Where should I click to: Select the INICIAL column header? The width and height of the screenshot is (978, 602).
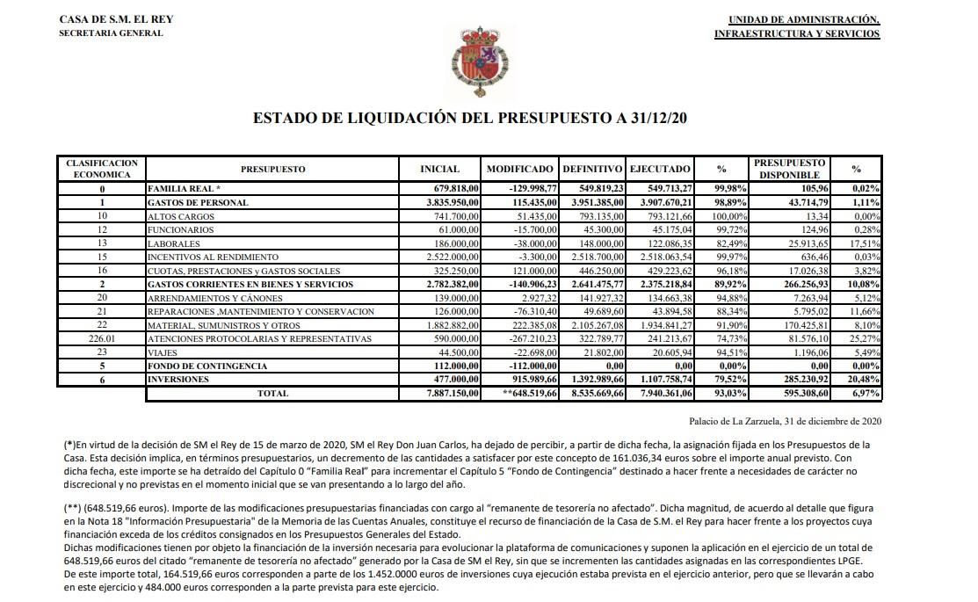coord(440,169)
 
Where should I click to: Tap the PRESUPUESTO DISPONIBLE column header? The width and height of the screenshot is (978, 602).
coord(788,169)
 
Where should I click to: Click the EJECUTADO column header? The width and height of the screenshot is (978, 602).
coord(660,169)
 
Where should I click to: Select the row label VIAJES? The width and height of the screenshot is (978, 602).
coord(163,352)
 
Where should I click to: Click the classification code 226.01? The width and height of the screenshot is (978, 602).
coord(102,339)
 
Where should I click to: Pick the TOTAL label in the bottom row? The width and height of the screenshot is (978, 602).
coord(272,394)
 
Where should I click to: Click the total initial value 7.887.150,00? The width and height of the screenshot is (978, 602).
coord(448,394)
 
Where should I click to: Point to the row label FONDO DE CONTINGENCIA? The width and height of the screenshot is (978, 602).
coord(207,366)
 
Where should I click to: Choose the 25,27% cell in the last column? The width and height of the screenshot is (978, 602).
coord(866,339)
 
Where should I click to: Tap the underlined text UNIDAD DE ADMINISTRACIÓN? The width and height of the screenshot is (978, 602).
coord(803,19)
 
